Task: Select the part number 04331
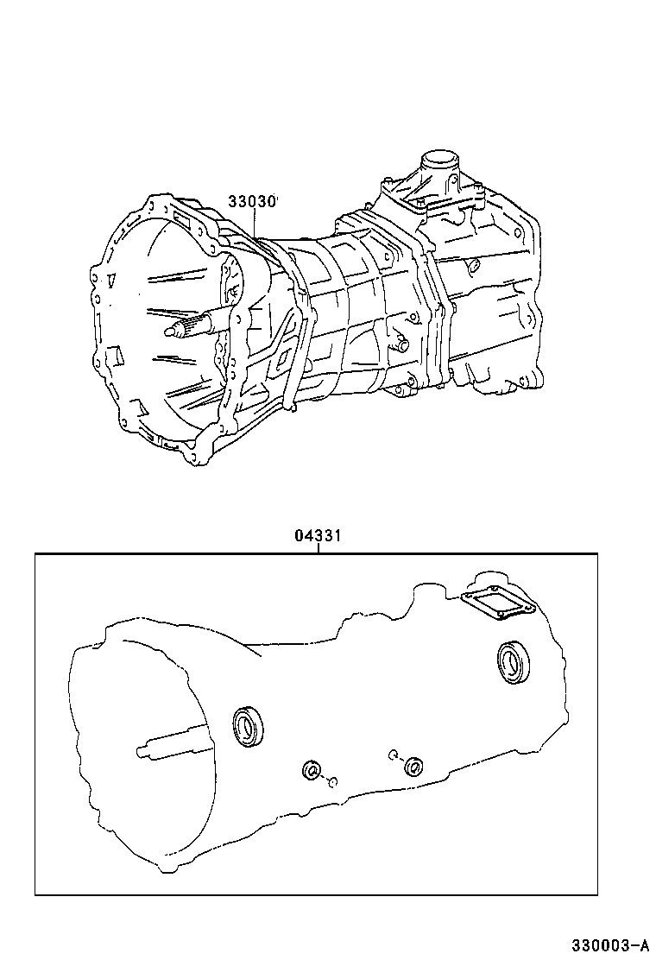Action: coord(319,536)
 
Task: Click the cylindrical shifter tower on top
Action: coord(438,163)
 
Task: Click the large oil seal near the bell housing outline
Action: coord(249,725)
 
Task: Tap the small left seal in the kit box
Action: coord(311,769)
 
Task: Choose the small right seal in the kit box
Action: coord(414,765)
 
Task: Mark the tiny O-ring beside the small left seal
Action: coord(331,782)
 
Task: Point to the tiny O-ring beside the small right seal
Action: coord(392,754)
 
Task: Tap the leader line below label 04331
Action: coord(319,548)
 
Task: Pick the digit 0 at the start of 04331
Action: coord(299,536)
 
